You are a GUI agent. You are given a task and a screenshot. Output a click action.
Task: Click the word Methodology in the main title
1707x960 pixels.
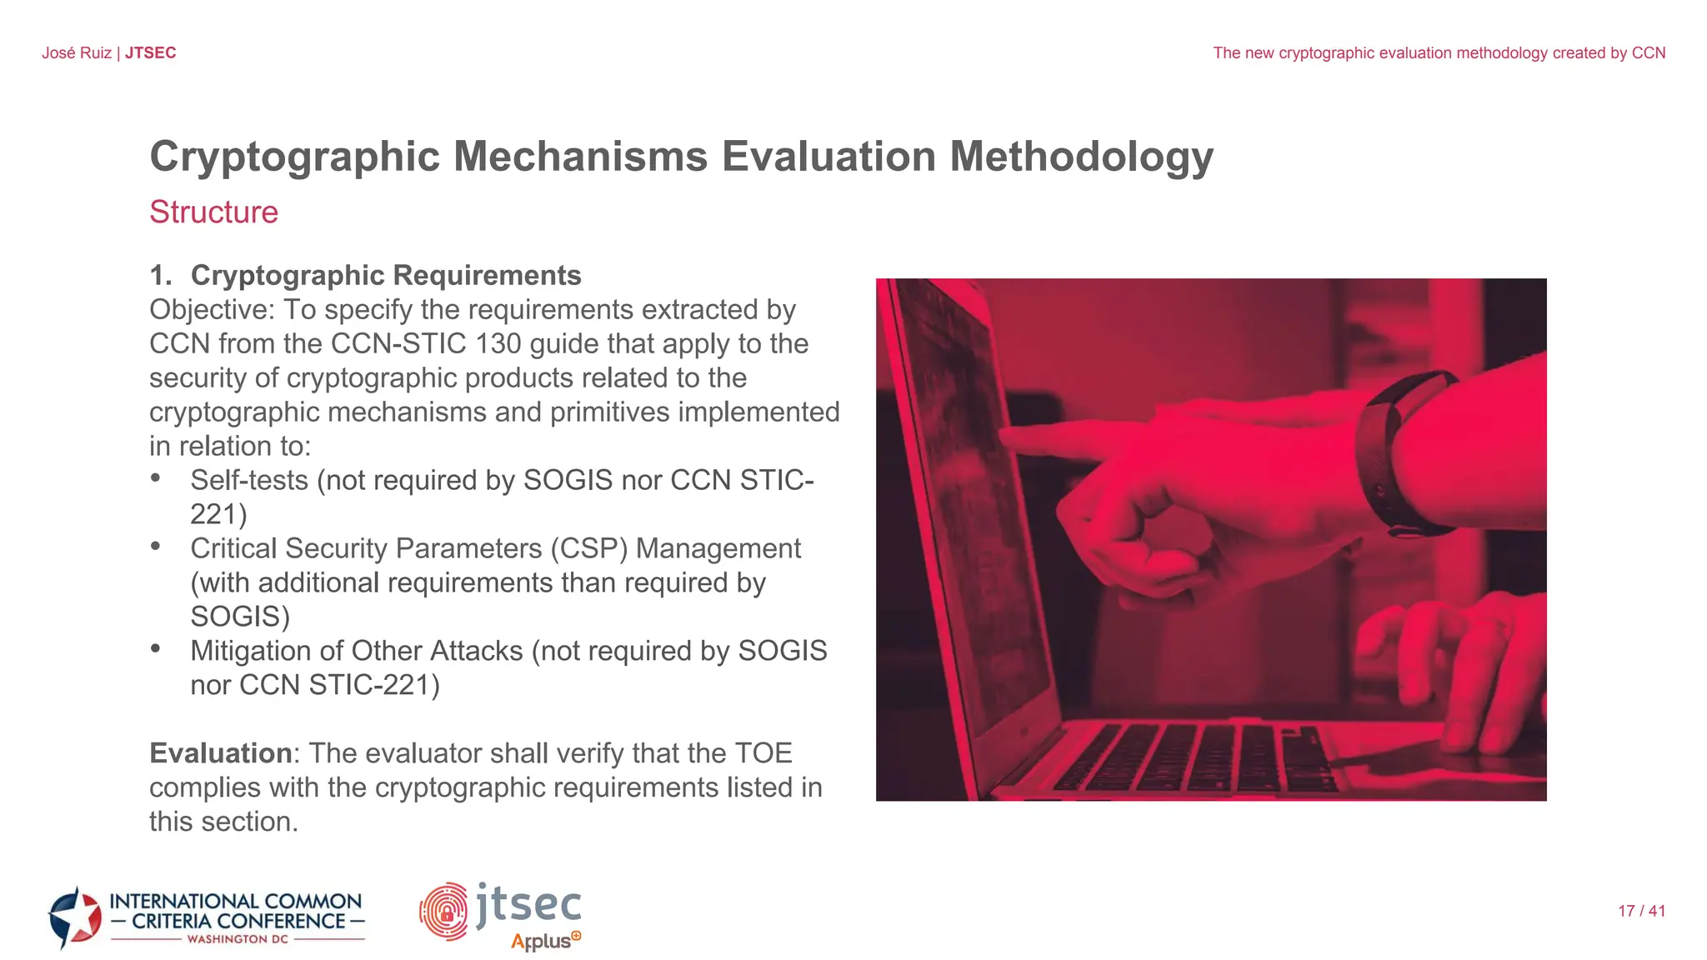pos(1081,157)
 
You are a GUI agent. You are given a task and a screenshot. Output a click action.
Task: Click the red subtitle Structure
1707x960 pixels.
pos(213,212)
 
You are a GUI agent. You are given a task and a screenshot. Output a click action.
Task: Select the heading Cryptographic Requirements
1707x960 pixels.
pos(385,275)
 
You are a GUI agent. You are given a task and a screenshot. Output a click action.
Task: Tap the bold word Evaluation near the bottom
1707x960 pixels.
pos(220,753)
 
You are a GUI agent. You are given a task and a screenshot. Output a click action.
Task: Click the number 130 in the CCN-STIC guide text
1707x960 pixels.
pos(498,344)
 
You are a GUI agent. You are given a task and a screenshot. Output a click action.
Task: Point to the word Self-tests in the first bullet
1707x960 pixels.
pos(249,481)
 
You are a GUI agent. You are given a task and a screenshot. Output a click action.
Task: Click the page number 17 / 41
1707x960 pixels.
pos(1641,912)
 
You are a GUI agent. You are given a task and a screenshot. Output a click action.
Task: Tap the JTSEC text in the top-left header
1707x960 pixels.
pos(151,53)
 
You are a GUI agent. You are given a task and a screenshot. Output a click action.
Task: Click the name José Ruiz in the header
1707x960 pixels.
pos(77,53)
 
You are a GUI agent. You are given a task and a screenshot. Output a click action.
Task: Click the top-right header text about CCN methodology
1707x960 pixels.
pos(1439,53)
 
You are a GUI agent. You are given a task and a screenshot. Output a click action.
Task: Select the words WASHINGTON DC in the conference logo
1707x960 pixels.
pos(238,939)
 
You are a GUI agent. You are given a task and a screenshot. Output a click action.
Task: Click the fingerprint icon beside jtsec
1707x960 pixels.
pos(444,911)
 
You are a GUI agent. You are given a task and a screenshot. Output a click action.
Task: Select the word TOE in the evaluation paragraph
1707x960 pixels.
pos(763,753)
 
